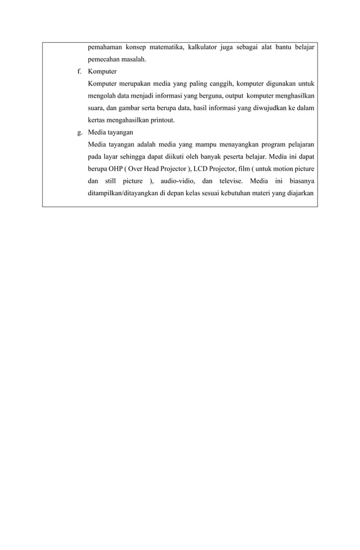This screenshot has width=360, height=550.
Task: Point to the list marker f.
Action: click(79, 72)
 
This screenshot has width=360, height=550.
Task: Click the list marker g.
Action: click(79, 131)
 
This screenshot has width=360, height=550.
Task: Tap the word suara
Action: click(97, 108)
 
